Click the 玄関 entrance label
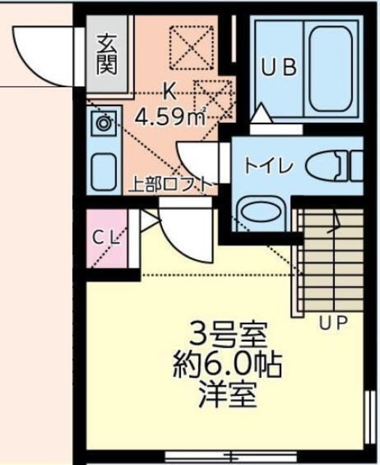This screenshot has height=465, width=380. pos(106,54)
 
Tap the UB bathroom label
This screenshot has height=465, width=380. pos(279,68)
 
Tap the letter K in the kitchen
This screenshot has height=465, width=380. pos(168,92)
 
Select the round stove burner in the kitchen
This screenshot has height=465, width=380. pos(102,124)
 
